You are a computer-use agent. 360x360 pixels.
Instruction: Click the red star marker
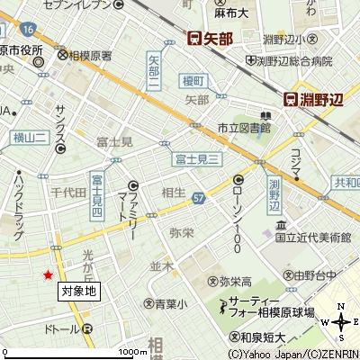click(49, 274)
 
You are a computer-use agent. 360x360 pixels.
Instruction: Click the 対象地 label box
click(78, 292)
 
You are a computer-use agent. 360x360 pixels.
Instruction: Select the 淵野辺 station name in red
click(321, 100)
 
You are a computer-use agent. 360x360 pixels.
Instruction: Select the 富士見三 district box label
click(197, 159)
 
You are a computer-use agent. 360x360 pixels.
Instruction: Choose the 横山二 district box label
click(30, 136)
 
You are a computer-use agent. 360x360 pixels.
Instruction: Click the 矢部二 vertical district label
click(153, 70)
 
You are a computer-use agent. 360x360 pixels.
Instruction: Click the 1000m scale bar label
click(132, 351)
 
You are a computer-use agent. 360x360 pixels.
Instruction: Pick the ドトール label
click(62, 330)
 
